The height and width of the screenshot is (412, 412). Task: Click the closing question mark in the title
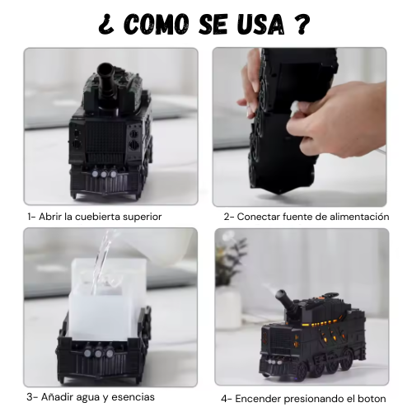click(302, 24)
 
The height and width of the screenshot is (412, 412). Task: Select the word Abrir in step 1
click(50, 217)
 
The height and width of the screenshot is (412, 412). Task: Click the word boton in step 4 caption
click(372, 399)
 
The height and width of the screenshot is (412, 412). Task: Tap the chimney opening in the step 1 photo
click(105, 69)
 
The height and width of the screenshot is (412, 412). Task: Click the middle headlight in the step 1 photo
click(104, 174)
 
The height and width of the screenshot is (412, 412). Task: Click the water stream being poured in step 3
click(102, 261)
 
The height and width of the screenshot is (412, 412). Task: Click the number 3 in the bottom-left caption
click(30, 397)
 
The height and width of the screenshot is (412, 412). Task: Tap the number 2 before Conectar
click(227, 217)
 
